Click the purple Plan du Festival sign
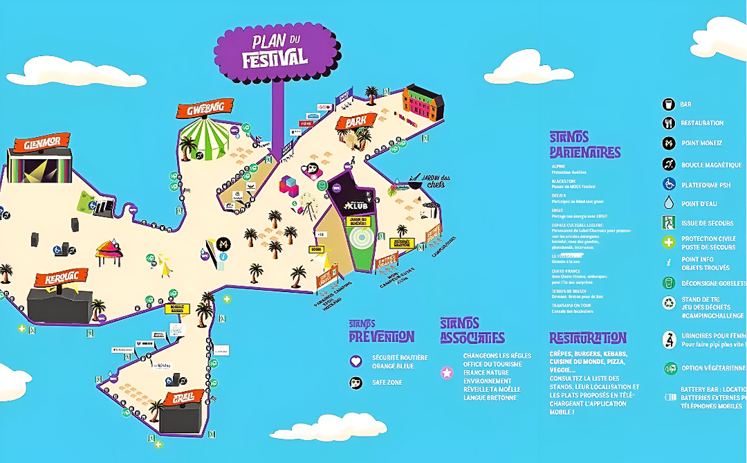click(275, 52)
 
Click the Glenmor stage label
click(41, 145)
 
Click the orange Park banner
click(356, 122)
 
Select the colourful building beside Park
click(423, 102)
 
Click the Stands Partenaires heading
click(584, 145)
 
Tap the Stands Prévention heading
click(381, 331)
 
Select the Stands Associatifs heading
click(472, 331)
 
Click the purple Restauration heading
click(588, 338)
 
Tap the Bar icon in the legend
click(668, 105)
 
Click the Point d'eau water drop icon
click(668, 203)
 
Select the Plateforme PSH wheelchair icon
click(668, 184)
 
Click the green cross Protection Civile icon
click(668, 242)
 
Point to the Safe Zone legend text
click(387, 383)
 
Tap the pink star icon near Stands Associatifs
click(448, 373)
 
